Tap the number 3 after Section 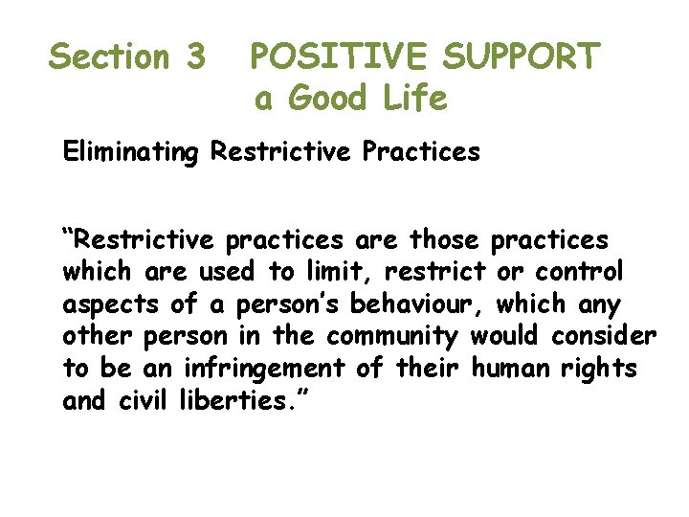[194, 57]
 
